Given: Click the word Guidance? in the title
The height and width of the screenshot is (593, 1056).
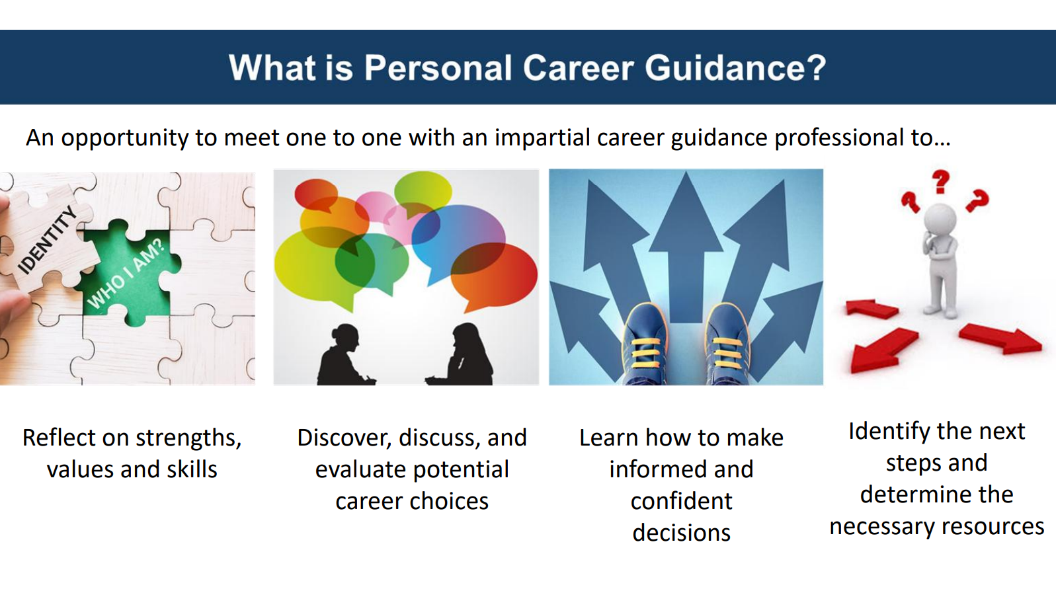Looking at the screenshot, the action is click(735, 68).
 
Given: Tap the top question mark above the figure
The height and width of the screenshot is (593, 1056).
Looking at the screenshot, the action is click(940, 182).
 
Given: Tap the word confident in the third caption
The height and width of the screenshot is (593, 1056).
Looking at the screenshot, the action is click(681, 500).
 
